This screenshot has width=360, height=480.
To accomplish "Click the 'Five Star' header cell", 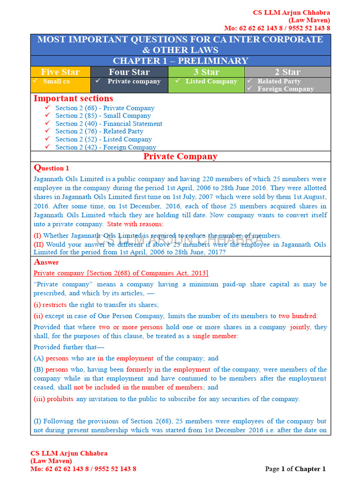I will [x=60, y=72].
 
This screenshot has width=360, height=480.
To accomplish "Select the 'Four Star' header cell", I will [x=129, y=72].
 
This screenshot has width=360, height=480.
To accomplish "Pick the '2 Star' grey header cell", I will [x=287, y=72].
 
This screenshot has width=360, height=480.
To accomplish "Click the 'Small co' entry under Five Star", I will [x=56, y=82].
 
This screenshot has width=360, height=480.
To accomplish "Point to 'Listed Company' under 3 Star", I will [x=211, y=82].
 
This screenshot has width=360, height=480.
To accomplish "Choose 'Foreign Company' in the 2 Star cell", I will [x=285, y=89].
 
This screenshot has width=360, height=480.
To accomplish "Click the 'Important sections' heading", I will [x=73, y=98].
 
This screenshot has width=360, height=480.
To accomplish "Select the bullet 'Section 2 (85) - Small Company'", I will [x=103, y=116].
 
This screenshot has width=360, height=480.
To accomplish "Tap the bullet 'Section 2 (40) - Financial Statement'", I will [x=109, y=124].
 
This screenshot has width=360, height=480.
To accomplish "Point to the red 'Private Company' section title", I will [x=180, y=157].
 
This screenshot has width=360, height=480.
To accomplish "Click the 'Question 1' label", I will [x=52, y=168].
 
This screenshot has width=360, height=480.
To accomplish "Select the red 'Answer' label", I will [x=46, y=262].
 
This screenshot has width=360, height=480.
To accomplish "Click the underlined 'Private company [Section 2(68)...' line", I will [x=121, y=273].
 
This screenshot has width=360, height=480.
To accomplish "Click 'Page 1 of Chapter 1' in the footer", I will [x=295, y=469].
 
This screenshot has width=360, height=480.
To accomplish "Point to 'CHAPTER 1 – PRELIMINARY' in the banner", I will [x=180, y=61].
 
